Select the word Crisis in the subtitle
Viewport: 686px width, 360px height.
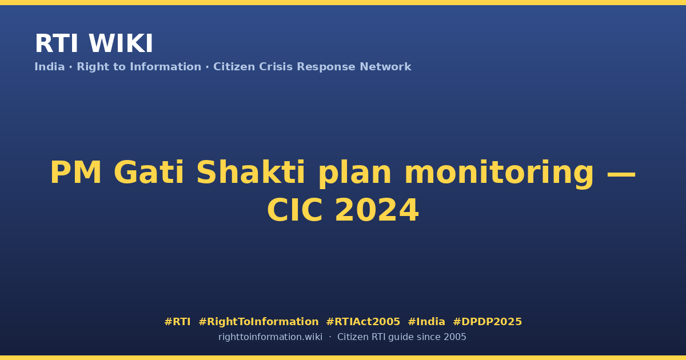(x=276, y=67)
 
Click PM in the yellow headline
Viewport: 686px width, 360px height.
(x=75, y=173)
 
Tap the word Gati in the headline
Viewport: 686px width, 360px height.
(x=149, y=173)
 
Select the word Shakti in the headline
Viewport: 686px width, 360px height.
(x=250, y=173)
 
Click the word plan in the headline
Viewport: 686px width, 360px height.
(x=354, y=175)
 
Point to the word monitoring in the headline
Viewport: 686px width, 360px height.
(x=499, y=175)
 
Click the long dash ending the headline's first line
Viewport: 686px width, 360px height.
(x=621, y=174)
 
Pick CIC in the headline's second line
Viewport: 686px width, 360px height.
(x=294, y=210)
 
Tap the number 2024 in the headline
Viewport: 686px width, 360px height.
(x=377, y=210)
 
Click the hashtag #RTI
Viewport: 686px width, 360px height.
(x=177, y=322)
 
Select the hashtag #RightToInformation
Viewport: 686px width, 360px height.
(x=258, y=322)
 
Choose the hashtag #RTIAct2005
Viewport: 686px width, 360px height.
(x=363, y=322)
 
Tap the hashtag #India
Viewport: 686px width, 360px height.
(x=426, y=322)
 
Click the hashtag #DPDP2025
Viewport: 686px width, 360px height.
(x=487, y=322)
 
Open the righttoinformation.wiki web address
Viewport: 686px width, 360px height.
(x=270, y=337)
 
